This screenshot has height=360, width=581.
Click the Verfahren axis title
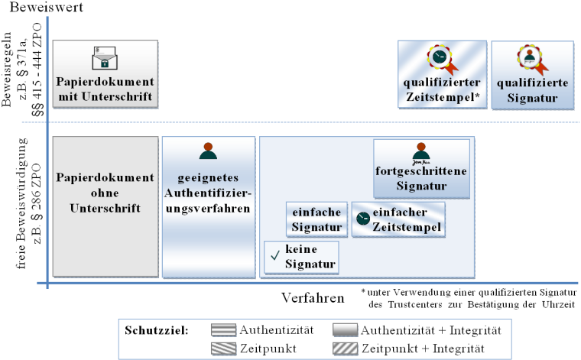(x=313, y=298)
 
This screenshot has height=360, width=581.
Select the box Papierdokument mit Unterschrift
(x=107, y=89)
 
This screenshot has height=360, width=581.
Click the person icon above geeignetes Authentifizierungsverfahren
(x=207, y=151)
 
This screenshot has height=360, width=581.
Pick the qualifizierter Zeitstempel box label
(x=443, y=89)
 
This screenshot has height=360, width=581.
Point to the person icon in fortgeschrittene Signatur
(x=418, y=151)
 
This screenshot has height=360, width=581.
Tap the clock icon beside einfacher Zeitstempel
(x=362, y=219)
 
